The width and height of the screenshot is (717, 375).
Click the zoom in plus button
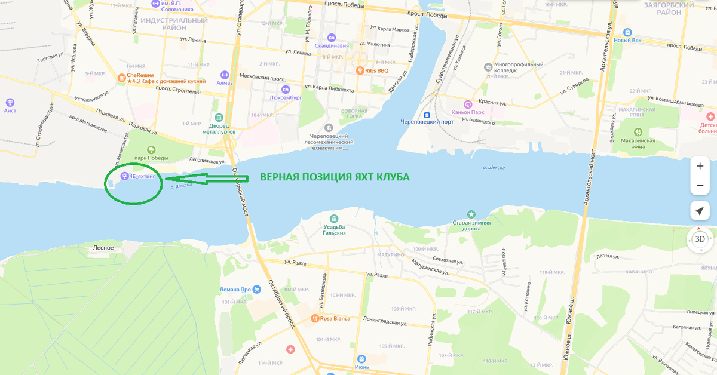700,166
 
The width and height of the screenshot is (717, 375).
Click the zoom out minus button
700,186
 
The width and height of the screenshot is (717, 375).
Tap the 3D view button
700,239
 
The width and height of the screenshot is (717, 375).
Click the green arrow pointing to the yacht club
203,179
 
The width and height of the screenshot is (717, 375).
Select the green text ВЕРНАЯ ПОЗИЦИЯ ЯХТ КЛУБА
334,177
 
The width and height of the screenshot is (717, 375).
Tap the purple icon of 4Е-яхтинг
124,176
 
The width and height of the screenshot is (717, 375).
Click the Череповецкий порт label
427,122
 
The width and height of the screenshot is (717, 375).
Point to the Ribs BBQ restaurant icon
360,70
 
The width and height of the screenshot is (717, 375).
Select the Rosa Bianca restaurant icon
314,318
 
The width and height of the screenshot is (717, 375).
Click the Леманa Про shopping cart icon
257,290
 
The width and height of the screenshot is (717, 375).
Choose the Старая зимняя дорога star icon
471,214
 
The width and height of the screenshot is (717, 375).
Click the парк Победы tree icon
151,149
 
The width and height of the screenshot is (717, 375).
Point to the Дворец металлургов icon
219,118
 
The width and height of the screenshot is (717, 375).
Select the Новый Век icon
627,32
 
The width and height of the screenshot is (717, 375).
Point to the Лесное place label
103,247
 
